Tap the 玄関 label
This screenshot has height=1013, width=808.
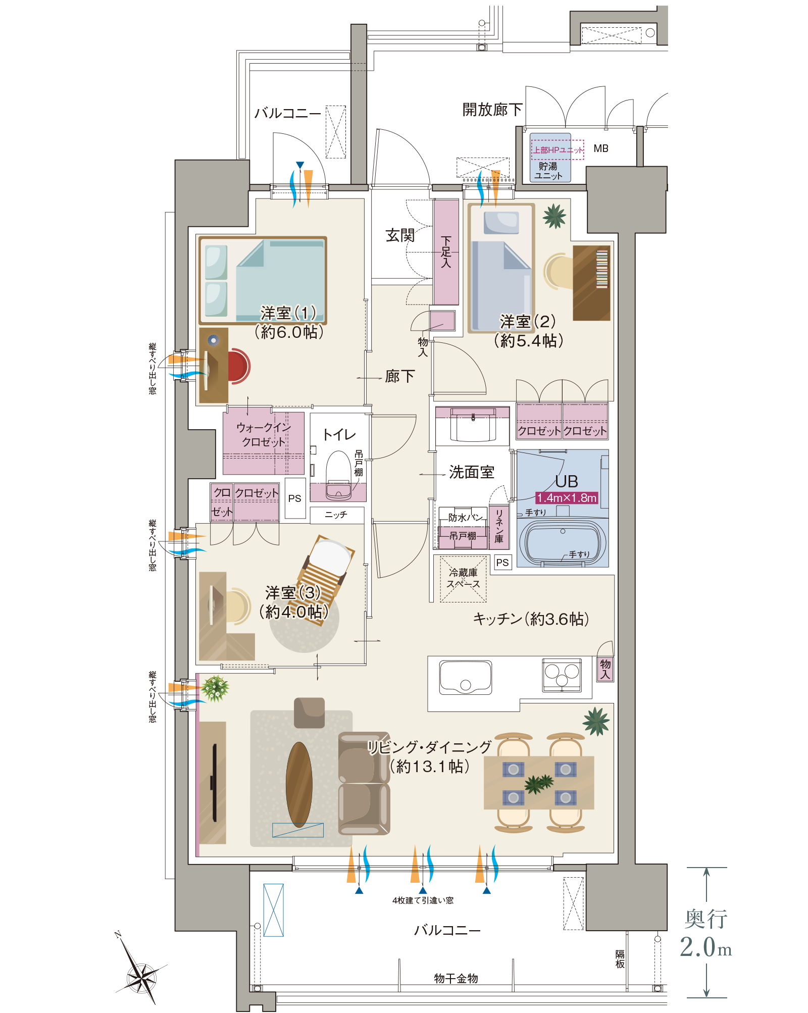tap(400, 235)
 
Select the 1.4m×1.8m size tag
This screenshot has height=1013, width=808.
tap(566, 498)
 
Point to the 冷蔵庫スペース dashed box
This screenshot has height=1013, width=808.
tap(463, 579)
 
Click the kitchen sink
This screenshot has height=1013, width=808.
tap(465, 677)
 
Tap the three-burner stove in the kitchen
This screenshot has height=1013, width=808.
tap(562, 675)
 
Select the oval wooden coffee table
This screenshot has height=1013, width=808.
tap(299, 784)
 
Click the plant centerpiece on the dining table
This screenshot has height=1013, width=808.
tap(538, 783)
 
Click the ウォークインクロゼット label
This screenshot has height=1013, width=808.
tap(264, 434)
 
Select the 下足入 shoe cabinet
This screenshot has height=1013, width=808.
tap(446, 252)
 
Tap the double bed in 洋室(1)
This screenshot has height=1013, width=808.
tap(263, 280)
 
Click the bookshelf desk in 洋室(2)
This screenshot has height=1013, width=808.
tap(591, 283)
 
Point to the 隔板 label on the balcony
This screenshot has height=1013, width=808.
tap(620, 958)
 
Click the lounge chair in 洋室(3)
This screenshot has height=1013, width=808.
tap(326, 578)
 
